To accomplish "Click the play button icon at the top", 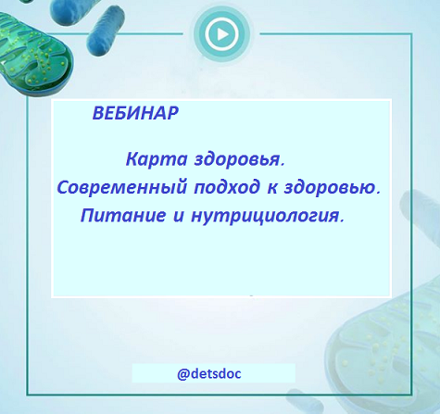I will pos(220,35).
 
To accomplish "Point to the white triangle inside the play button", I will pos(221,35).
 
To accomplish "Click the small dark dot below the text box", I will pos(251,298).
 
